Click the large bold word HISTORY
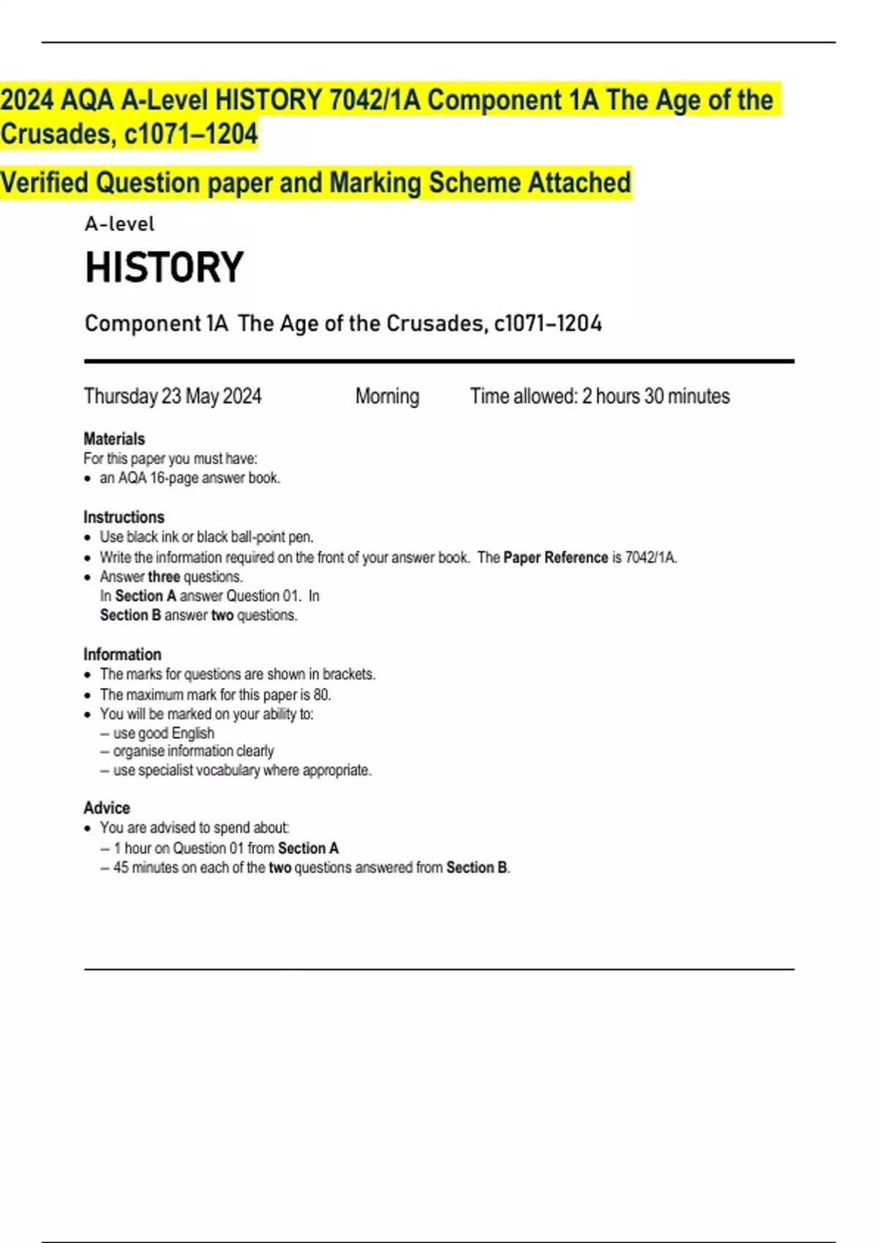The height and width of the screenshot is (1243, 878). click(164, 268)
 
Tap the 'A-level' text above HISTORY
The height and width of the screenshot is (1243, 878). click(119, 224)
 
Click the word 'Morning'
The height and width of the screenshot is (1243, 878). click(387, 396)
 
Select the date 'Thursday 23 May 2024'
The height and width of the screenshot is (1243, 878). click(173, 396)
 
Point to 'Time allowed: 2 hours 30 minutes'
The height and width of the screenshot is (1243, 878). click(600, 396)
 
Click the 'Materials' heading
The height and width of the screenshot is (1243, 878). click(114, 439)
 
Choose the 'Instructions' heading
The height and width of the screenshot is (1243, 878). click(124, 517)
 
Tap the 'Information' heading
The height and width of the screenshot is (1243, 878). click(122, 654)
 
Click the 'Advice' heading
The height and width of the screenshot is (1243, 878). click(107, 808)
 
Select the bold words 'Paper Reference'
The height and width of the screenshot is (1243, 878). click(555, 558)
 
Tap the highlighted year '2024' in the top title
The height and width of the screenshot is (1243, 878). click(27, 100)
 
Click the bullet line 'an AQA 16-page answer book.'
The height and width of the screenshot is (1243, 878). click(190, 478)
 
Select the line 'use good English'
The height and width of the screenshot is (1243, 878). click(163, 733)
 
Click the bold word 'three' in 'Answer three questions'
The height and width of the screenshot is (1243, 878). click(164, 577)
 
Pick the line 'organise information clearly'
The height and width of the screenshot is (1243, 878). click(193, 751)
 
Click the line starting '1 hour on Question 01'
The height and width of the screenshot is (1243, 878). click(226, 848)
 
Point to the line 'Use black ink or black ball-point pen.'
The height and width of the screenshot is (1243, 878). click(206, 537)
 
